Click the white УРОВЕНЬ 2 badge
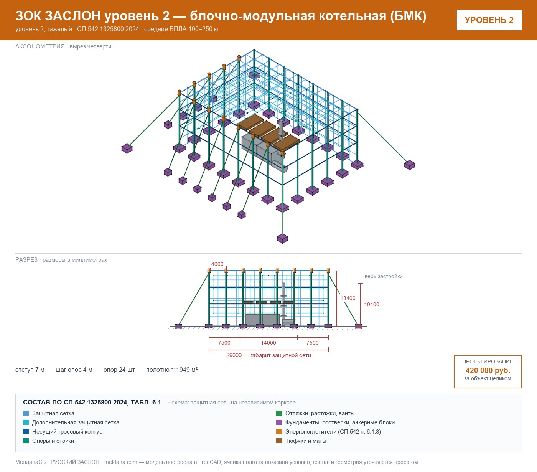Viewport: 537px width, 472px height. coord(489,20)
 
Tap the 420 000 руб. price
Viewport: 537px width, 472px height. coord(488,370)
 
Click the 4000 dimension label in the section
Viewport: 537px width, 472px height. coord(217,264)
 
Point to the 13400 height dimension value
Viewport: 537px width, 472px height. coord(348,298)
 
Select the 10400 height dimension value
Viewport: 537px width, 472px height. coord(371,304)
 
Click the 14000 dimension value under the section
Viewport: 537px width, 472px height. coord(268,343)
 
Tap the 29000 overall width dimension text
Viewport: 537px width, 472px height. coord(234,355)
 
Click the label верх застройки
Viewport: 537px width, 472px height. coord(384,276)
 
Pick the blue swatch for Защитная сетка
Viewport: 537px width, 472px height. coord(26,413)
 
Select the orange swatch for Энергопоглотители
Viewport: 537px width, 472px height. coord(279,431)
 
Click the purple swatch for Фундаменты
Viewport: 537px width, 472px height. coord(279,422)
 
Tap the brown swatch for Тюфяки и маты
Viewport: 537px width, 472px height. coord(279,441)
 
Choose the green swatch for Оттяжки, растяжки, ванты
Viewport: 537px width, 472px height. coord(279,413)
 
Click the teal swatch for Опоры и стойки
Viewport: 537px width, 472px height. coord(26,441)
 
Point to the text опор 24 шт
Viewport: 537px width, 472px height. coord(119,370)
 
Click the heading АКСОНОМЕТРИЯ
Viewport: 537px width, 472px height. coord(40,46)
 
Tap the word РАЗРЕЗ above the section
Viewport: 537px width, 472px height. coord(26,259)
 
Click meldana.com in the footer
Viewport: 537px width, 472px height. coord(120,462)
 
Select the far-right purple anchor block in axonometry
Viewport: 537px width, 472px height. coord(409,165)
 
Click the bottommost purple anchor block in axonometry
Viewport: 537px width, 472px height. coord(282,238)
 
